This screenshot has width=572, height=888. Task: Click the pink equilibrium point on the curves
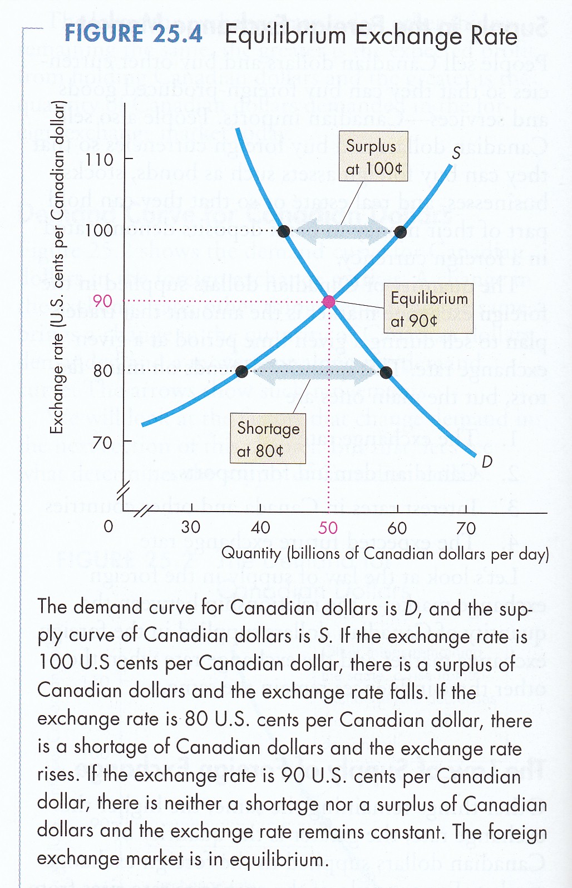point(329,301)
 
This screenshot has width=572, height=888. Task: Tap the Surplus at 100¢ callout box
point(373,156)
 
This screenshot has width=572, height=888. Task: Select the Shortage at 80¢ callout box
point(268,439)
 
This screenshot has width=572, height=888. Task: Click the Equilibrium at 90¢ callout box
point(428,309)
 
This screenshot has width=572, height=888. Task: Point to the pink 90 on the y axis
point(102,301)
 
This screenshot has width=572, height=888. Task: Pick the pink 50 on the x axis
point(328,528)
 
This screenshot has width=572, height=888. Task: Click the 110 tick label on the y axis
point(100,160)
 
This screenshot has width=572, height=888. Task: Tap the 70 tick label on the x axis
point(466,528)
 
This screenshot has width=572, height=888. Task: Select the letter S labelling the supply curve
point(456,153)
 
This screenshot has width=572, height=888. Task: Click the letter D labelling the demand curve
point(487,462)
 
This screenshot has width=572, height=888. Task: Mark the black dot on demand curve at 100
point(284,231)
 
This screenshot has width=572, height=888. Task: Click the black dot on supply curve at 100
point(400,232)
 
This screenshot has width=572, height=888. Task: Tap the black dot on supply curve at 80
point(241,371)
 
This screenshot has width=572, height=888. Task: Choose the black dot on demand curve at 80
point(386,372)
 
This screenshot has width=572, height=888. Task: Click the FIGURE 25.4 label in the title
point(134,34)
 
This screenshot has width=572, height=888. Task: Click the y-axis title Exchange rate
point(57,267)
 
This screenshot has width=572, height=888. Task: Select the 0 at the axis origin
point(108,526)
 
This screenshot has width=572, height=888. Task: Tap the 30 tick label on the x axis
point(191,527)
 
